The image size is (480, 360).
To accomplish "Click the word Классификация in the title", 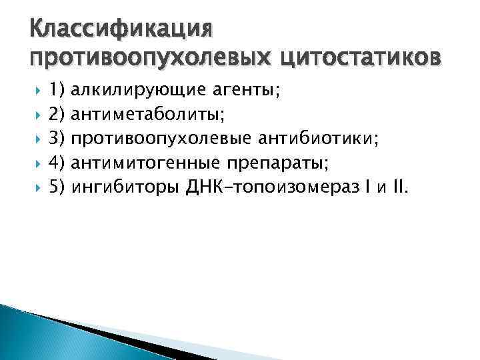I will click(121, 30).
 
